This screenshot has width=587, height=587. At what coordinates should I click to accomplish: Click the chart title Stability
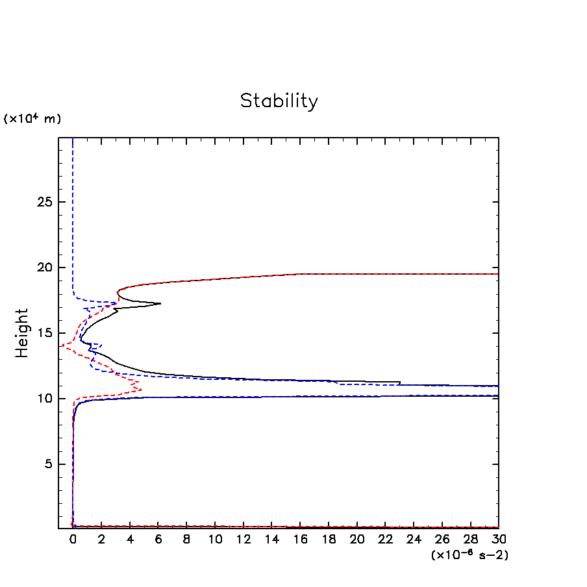[x=279, y=101]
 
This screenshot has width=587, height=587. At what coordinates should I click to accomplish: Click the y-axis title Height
[x=23, y=333]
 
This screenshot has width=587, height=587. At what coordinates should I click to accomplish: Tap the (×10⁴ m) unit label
[x=32, y=119]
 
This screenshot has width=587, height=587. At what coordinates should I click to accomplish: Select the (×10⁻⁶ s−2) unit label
[x=469, y=555]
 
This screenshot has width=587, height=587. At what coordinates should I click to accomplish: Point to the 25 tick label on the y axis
[x=44, y=202]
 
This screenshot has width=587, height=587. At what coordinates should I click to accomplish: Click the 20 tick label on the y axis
[x=44, y=268]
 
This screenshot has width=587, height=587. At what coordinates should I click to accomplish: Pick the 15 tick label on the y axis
[x=44, y=333]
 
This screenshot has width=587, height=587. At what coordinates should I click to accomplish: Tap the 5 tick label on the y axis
[x=48, y=464]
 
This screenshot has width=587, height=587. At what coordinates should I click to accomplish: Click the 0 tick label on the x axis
[x=73, y=540]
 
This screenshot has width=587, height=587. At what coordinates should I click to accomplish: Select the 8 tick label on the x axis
[x=186, y=540]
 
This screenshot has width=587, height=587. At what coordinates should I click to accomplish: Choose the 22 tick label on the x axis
[x=385, y=540]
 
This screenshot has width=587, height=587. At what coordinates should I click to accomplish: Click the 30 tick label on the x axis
[x=498, y=540]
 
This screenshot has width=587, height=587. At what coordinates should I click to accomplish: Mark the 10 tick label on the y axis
[x=44, y=399]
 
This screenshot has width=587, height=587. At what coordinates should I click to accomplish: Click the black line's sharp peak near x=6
[x=160, y=303]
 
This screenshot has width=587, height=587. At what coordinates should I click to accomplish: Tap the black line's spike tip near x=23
[x=400, y=382]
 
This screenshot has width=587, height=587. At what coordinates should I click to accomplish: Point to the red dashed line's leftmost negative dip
[x=61, y=346]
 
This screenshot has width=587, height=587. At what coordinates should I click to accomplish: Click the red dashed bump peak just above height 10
[x=141, y=390]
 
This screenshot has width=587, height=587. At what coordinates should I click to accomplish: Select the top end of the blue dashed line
[x=73, y=139]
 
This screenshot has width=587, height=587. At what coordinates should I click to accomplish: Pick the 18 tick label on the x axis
[x=329, y=540]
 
